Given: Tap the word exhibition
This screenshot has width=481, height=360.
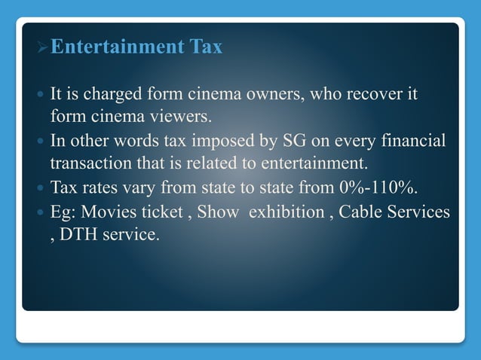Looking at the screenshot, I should pyautogui.click(x=286, y=212).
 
